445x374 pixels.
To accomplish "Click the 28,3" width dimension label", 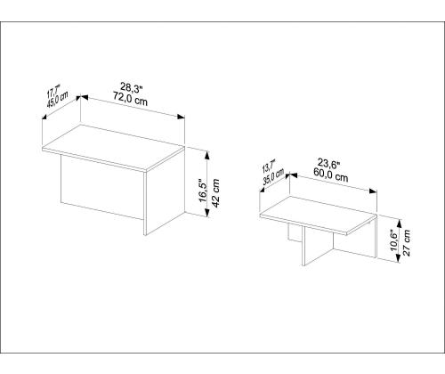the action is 132,87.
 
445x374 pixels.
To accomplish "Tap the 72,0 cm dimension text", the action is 130,98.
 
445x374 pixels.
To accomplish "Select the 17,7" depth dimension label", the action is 53,91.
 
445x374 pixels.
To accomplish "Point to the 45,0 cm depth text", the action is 57,100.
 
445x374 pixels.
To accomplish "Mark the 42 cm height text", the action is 215,193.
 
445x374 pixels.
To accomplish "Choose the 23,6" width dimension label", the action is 329,163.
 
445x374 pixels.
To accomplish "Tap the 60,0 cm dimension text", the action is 330,174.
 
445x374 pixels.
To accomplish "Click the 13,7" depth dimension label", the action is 269,167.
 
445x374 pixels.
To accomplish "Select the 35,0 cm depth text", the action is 273,177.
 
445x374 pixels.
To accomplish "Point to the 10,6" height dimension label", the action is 393,240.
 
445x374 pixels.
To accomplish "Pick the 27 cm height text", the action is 407,242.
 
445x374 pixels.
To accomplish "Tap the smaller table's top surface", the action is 318,215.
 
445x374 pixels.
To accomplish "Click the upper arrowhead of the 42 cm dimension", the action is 207,155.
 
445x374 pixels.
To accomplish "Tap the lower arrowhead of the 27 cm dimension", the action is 399,258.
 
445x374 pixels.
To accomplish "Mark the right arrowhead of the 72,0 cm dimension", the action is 181,117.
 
